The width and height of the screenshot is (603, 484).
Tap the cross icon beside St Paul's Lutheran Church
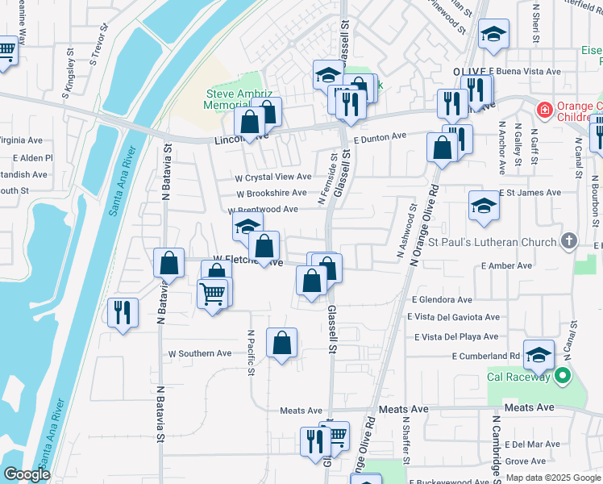pyautogui.click(x=569, y=240)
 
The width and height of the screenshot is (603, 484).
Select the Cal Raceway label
pyautogui.click(x=518, y=377)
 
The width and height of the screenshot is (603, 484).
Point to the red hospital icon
pyautogui.click(x=546, y=109)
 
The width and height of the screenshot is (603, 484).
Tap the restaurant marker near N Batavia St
pyautogui.click(x=123, y=311)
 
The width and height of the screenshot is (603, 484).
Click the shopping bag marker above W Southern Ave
pyautogui.click(x=281, y=343)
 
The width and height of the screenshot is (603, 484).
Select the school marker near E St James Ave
pyautogui.click(x=484, y=205)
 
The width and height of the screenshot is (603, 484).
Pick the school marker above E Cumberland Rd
pyautogui.click(x=539, y=354)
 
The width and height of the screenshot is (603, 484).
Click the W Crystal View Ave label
pyautogui.click(x=272, y=177)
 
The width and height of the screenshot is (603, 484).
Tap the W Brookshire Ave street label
pyautogui.click(x=271, y=194)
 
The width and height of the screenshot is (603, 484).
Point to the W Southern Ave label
pyautogui.click(x=199, y=353)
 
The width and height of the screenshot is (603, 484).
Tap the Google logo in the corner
pyautogui.click(x=27, y=474)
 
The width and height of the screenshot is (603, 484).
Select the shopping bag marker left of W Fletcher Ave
pyautogui.click(x=168, y=262)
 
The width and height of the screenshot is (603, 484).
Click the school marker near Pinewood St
pyautogui.click(x=493, y=33)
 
